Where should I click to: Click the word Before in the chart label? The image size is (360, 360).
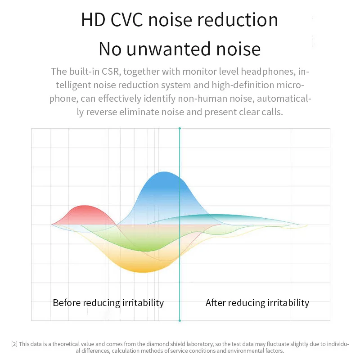tap(67, 302)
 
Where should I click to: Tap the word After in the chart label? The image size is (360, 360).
tap(215, 302)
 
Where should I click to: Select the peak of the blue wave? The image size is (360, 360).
tap(164, 172)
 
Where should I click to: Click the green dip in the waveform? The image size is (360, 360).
tap(144, 247)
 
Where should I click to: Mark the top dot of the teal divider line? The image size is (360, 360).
tap(180, 129)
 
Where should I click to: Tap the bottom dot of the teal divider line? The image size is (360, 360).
tap(180, 320)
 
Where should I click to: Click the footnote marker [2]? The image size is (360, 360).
tap(14, 344)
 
